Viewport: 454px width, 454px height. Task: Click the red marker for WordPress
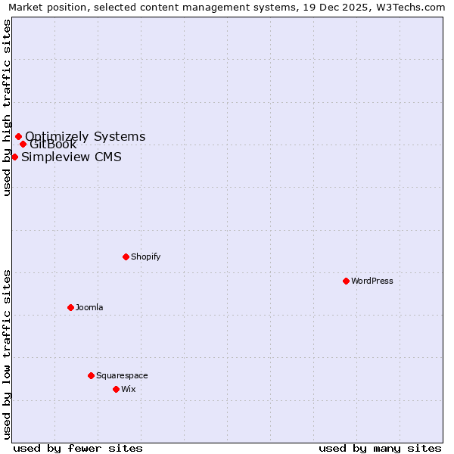pyautogui.click(x=346, y=281)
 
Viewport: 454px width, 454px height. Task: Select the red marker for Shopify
pyautogui.click(x=126, y=257)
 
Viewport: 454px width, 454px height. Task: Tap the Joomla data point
pyautogui.click(x=70, y=307)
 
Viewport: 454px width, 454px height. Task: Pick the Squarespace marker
pyautogui.click(x=91, y=375)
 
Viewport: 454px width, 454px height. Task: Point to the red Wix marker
pyautogui.click(x=116, y=389)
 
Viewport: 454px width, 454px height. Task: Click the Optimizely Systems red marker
pyautogui.click(x=18, y=137)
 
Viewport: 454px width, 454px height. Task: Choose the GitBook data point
pyautogui.click(x=23, y=144)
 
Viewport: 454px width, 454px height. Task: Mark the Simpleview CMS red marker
pyautogui.click(x=14, y=157)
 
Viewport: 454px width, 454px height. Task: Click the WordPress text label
pyautogui.click(x=372, y=281)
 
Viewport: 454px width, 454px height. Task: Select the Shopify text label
pyautogui.click(x=146, y=257)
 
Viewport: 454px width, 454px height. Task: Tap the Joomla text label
pyautogui.click(x=89, y=307)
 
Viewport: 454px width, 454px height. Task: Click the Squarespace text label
pyautogui.click(x=122, y=375)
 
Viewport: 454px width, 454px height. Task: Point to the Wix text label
pyautogui.click(x=129, y=389)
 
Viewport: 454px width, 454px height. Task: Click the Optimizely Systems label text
pyautogui.click(x=85, y=136)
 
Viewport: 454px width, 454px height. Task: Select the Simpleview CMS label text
pyautogui.click(x=71, y=157)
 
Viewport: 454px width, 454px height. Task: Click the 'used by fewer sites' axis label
pyautogui.click(x=78, y=448)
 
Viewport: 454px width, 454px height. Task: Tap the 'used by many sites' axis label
pyautogui.click(x=380, y=448)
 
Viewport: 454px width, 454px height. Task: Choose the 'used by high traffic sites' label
pyautogui.click(x=7, y=107)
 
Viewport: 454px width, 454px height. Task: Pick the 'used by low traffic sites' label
pyautogui.click(x=7, y=354)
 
